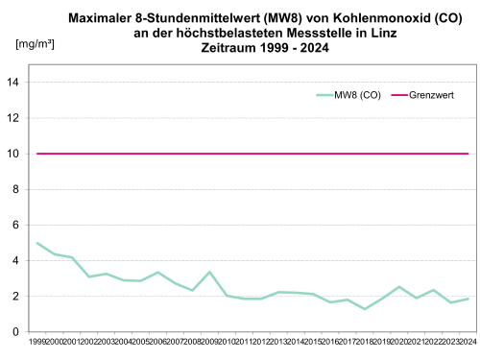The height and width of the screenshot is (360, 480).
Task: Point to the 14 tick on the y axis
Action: pos(14,83)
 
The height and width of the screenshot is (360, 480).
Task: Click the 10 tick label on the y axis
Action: pos(14,154)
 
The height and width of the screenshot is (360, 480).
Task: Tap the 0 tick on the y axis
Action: pos(17,332)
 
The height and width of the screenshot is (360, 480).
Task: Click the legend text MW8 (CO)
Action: pos(357,95)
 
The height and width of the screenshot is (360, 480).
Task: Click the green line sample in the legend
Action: pos(324,95)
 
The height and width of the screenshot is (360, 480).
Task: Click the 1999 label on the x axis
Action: pos(37,342)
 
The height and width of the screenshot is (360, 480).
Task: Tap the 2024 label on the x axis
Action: pos(468,342)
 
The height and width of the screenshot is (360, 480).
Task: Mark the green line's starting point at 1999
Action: pos(37,243)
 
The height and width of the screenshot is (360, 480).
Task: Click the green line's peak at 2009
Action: pos(209,273)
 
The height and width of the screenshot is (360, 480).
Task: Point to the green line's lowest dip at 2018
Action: pos(365,309)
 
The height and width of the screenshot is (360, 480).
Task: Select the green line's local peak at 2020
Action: pos(399,287)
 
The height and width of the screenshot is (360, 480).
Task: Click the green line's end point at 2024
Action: pos(468,299)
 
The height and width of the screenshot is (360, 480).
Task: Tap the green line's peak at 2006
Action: pos(158,273)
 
